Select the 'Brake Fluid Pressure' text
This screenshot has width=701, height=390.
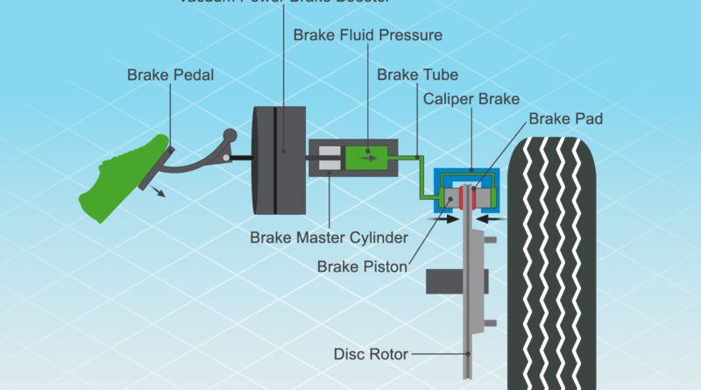click(367, 36)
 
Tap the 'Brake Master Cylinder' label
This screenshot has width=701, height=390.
click(329, 238)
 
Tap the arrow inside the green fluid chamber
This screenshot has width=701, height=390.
click(372, 159)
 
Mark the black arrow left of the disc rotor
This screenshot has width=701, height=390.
click(444, 220)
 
